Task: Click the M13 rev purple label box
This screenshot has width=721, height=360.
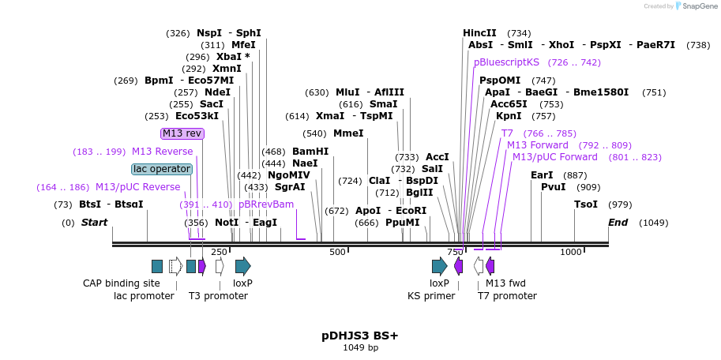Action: (182, 133)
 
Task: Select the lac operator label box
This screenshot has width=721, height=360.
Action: (162, 169)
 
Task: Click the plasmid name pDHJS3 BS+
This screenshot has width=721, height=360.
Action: (360, 336)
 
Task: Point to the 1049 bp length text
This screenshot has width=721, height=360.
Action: (360, 347)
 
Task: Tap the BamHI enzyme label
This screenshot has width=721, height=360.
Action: (310, 152)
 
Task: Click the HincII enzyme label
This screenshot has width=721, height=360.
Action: (479, 33)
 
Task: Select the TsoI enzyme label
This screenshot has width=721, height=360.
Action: (586, 204)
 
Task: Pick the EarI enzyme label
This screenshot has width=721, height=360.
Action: (542, 175)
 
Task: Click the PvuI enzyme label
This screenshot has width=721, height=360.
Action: (553, 187)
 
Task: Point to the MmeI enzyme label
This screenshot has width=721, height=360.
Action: (348, 133)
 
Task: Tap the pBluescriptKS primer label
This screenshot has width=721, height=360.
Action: (506, 62)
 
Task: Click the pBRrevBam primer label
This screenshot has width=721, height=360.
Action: (266, 204)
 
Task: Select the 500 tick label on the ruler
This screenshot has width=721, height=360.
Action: (337, 252)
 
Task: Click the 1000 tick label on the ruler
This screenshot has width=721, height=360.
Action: (570, 252)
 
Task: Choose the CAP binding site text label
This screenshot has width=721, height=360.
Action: (122, 283)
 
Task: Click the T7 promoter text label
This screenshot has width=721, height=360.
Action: (507, 296)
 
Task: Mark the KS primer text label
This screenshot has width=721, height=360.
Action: (431, 296)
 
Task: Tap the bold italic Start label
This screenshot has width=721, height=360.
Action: (94, 223)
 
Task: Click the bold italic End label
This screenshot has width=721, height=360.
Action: (618, 223)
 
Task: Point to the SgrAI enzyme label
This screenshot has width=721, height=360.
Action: (290, 187)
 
